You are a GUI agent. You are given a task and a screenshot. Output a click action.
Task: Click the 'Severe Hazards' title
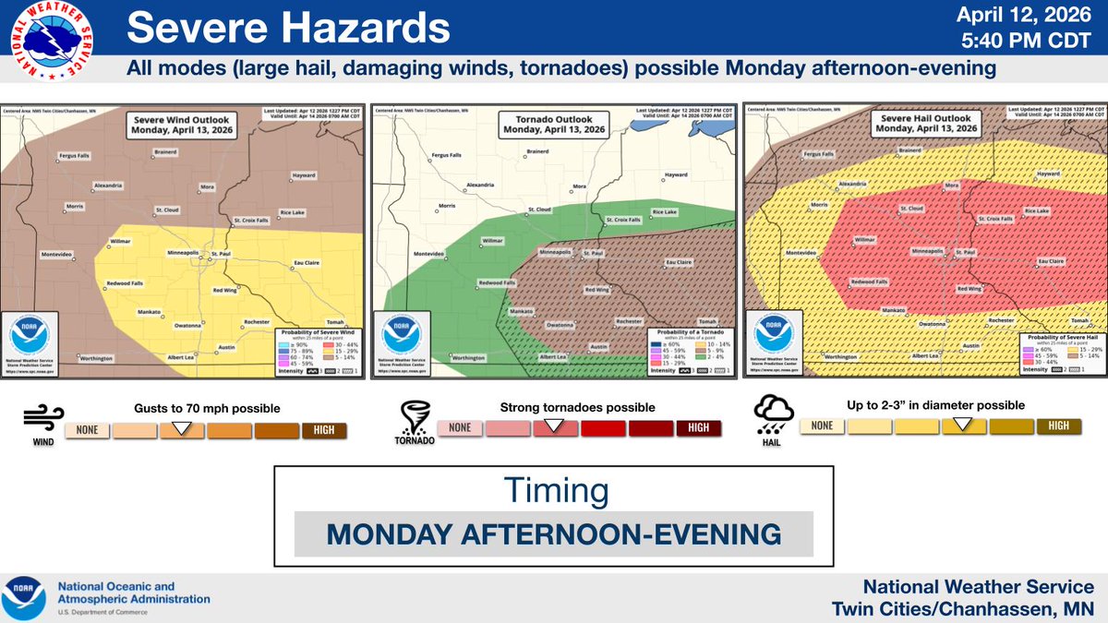288,29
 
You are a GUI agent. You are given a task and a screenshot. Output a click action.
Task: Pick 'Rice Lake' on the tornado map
665,211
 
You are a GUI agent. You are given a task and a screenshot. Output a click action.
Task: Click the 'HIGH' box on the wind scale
323,429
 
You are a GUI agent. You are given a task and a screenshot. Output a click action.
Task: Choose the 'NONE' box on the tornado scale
460,427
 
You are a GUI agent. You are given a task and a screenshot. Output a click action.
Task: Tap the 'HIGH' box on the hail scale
1058,425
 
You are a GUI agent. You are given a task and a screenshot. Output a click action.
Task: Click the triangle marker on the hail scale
963,424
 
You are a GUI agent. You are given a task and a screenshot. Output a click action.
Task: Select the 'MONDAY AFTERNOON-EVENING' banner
553,534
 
